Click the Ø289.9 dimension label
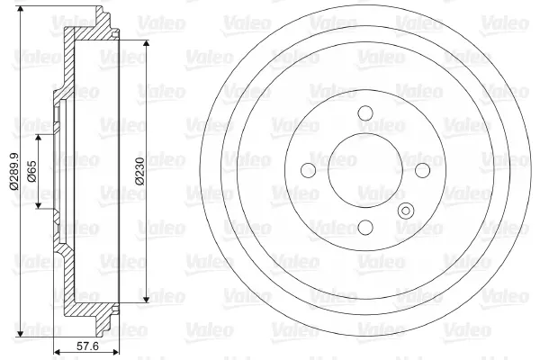point(14,171)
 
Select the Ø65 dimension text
point(31,171)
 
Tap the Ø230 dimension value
point(140,171)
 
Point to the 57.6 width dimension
point(87,346)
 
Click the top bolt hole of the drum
point(365,112)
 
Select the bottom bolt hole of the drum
point(365,227)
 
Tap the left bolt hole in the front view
point(308,170)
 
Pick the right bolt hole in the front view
point(423,170)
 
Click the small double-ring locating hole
point(406,211)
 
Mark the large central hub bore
point(365,170)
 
